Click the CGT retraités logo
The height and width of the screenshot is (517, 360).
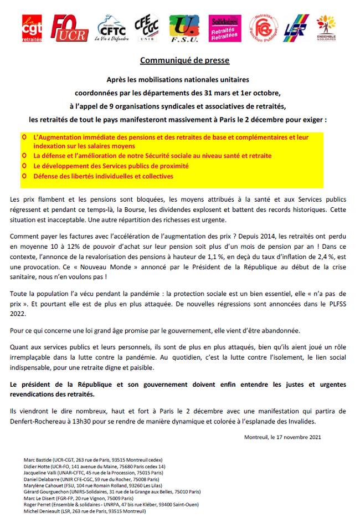(x=32, y=28)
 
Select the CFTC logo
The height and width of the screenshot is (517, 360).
(x=112, y=28)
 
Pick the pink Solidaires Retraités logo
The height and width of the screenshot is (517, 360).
(x=224, y=28)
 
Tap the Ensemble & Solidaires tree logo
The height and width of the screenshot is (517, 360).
(x=326, y=28)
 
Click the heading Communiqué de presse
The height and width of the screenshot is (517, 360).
(x=184, y=60)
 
